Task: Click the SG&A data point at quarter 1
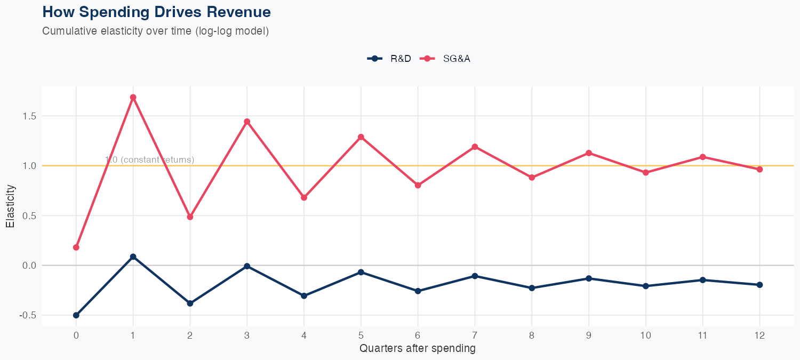tap(133, 98)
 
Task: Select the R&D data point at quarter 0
tap(76, 315)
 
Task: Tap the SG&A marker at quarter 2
tap(190, 217)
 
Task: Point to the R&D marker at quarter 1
tap(133, 257)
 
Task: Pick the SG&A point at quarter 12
tap(759, 169)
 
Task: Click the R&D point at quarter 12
tap(759, 285)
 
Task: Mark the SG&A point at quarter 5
tap(361, 137)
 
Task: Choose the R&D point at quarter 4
tap(304, 295)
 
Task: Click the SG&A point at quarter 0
tap(76, 247)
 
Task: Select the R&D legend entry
tap(390, 59)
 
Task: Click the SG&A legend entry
tap(445, 59)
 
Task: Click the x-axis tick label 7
tap(475, 335)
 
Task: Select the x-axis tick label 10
tap(645, 335)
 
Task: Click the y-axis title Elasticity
tap(10, 206)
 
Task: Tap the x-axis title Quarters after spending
tap(417, 349)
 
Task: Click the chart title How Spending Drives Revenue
tap(156, 12)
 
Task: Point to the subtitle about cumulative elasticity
tap(155, 31)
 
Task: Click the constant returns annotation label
tap(150, 160)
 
